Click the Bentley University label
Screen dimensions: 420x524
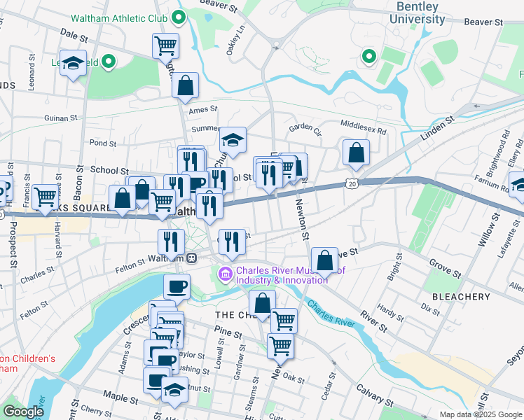418,13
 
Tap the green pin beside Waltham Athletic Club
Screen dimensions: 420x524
179,17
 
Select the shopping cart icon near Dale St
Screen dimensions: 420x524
165,46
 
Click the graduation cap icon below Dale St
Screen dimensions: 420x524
72,64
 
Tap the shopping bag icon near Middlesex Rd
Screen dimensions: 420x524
356,153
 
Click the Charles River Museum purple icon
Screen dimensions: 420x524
226,274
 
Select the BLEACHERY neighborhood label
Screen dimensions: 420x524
461,297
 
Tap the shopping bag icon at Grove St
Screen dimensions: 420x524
324,260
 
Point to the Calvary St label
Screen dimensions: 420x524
373,394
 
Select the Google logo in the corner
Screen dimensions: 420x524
23,412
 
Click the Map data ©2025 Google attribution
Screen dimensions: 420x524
480,414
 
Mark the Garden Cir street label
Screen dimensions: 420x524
305,128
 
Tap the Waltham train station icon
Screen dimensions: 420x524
191,258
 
